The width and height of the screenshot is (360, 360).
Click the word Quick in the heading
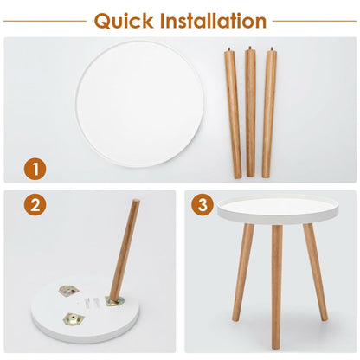coord(124,22)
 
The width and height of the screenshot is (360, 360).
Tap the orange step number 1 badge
coord(35,169)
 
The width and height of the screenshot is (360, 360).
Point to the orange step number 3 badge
coord(202,205)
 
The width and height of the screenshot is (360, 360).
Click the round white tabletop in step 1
coord(140,104)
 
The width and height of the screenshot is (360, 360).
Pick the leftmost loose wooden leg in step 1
coord(233,113)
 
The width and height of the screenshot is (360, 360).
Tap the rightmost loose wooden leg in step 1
coord(269,113)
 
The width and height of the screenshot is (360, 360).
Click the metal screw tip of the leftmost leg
coord(229,49)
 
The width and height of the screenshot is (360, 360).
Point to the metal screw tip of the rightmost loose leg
coord(272,49)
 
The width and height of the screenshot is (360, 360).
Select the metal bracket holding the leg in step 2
coord(114,301)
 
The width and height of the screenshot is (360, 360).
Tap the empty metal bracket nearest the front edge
coord(74,318)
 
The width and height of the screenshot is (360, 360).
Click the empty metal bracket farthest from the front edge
coord(69,290)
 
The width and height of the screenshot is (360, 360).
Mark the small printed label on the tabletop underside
coord(87,303)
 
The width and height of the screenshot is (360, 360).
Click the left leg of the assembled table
coord(242,273)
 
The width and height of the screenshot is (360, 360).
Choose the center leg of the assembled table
coord(277,287)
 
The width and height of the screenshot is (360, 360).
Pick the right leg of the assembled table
coord(315,272)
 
